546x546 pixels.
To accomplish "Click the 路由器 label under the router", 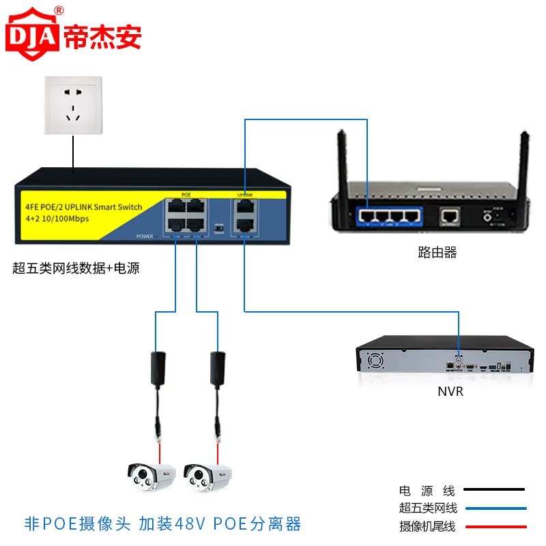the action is [437, 253].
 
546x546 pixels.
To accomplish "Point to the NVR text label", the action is [450, 392].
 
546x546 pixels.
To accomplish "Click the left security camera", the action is [152, 476].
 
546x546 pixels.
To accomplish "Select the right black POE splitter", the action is [217, 369].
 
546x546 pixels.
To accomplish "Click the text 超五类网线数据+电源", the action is [76, 268].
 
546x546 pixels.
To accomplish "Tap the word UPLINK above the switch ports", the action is [244, 195].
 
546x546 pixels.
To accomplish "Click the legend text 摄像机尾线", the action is [428, 526].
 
